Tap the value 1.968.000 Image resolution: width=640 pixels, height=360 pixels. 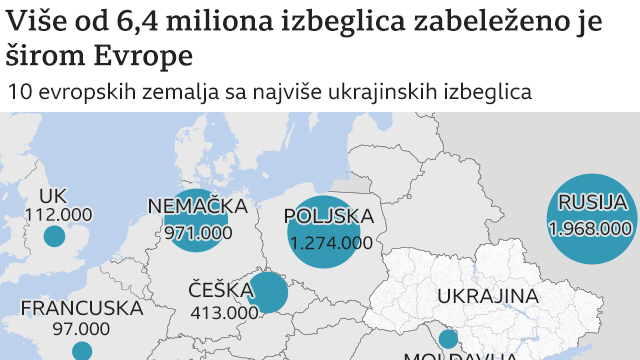tap(593, 228)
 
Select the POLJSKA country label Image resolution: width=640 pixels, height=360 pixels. tap(329, 216)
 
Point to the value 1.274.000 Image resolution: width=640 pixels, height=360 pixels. tap(330, 242)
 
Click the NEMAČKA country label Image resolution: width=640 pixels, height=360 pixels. tap(197, 207)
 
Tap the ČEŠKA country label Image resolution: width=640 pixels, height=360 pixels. tap(220, 290)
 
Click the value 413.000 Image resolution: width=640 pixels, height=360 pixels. tap(224, 312)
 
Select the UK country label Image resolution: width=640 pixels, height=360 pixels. tap(53, 195)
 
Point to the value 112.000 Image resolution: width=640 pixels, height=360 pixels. tap(58, 214)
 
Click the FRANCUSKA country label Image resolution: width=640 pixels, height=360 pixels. tap(82, 308)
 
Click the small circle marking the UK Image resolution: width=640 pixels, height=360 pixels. tap(54, 237)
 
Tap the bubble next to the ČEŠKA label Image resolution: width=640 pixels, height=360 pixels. tap(268, 293)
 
